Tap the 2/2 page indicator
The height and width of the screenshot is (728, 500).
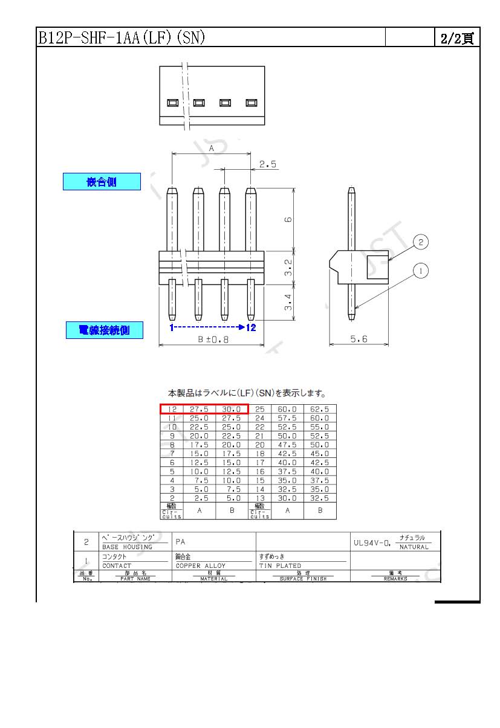click(x=456, y=39)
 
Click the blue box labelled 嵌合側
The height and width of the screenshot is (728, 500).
click(x=102, y=182)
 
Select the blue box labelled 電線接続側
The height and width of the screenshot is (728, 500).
click(x=104, y=330)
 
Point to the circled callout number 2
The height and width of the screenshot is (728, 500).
click(x=421, y=242)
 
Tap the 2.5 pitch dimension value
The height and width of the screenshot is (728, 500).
click(x=268, y=164)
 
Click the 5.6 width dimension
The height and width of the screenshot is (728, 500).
click(x=359, y=340)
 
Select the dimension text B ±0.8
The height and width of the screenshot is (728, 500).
click(x=213, y=340)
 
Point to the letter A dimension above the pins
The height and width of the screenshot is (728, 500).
click(x=212, y=148)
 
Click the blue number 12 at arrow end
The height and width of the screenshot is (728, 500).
click(x=252, y=327)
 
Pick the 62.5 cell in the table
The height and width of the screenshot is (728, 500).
click(x=320, y=409)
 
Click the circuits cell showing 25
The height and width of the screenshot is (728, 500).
click(x=260, y=409)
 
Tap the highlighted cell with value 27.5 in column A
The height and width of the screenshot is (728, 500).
click(x=200, y=409)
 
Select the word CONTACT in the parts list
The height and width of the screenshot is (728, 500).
click(x=117, y=566)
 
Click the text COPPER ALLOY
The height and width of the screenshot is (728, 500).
click(x=200, y=566)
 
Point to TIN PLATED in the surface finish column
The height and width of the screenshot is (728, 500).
click(x=280, y=566)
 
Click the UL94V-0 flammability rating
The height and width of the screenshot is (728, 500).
click(x=372, y=543)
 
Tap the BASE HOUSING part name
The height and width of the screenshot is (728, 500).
click(x=127, y=547)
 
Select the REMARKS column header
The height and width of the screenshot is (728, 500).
click(x=395, y=579)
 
